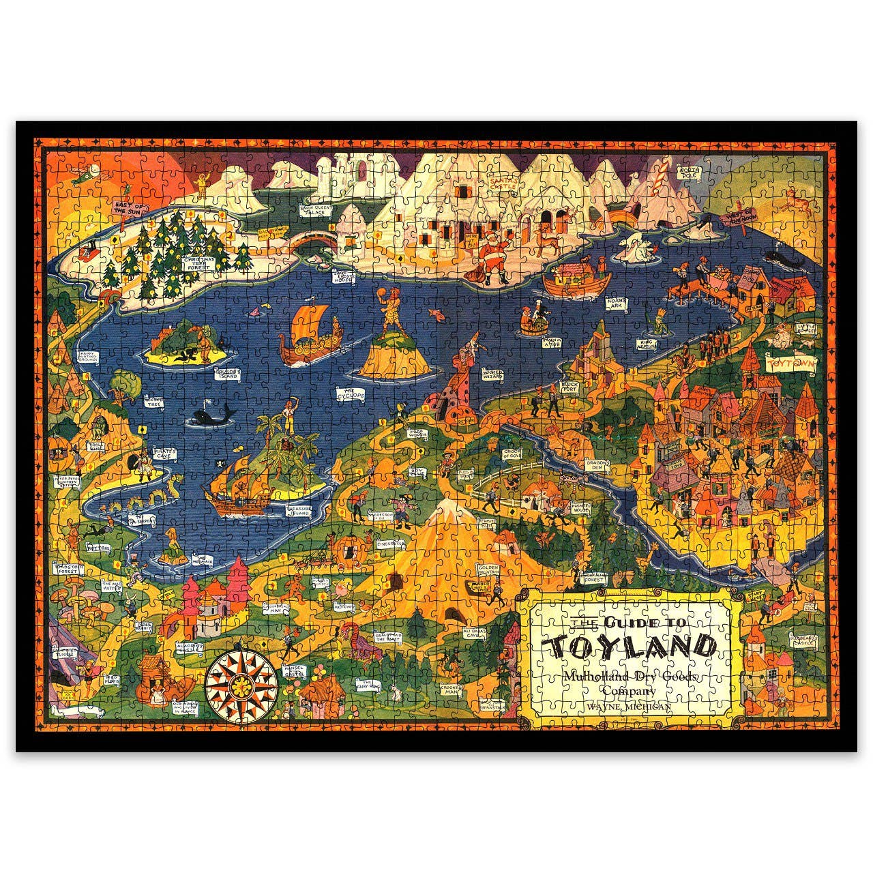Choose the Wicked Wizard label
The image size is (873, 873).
(493, 374)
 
